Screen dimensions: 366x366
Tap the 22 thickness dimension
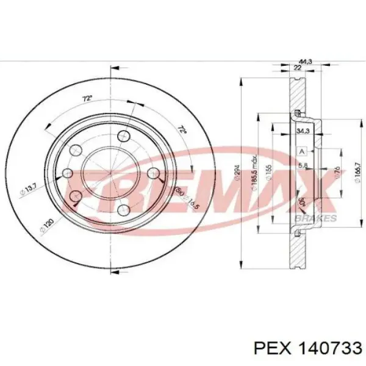(x=298, y=68)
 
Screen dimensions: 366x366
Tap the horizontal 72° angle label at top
(x=88, y=98)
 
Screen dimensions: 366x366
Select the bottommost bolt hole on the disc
(x=123, y=210)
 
